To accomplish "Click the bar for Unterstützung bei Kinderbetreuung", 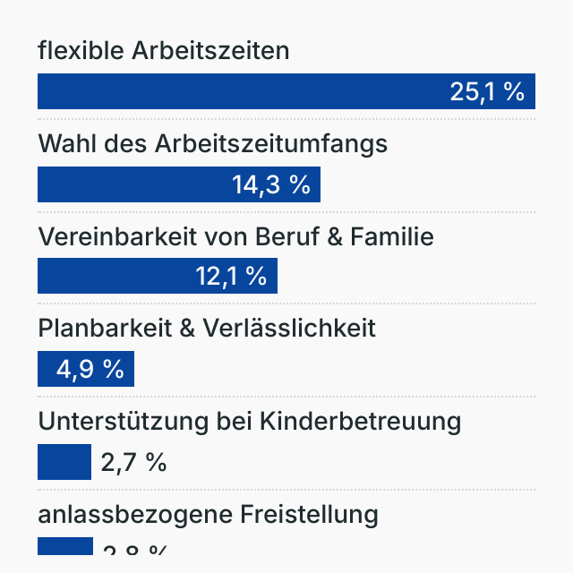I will pos(64,462).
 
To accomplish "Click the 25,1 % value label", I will pos(487,91).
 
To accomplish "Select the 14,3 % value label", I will pos(270,184).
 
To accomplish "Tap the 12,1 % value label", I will pos(231,276).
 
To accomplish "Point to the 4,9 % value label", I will pos(90,369).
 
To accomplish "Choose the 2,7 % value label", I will pos(133,462).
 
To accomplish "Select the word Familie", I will pos(390,236).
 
